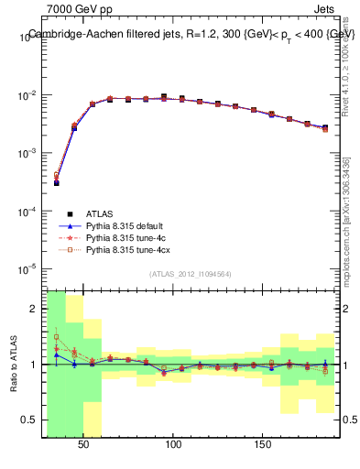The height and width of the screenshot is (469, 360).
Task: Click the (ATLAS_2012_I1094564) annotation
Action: pyautogui.click(x=191, y=274)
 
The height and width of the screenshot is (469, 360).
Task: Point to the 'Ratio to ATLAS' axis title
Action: pyautogui.click(x=14, y=363)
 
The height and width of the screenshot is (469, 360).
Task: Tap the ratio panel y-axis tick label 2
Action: pyautogui.click(x=35, y=309)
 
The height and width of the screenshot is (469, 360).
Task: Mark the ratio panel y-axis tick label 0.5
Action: pyautogui.click(x=31, y=420)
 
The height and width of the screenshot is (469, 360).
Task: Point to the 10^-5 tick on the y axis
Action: pyautogui.click(x=27, y=268)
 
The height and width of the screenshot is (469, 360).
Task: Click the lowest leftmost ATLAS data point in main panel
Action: pyautogui.click(x=56, y=183)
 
